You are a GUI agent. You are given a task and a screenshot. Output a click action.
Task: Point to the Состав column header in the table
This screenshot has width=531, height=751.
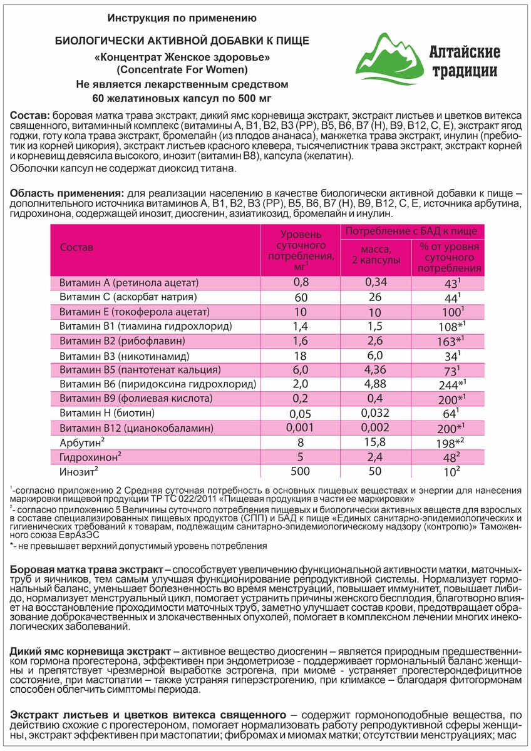coord(76,247)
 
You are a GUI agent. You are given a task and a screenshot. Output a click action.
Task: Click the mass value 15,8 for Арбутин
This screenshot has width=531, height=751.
coord(376,443)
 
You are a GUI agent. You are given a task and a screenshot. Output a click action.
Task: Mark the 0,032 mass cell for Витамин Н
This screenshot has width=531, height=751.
coord(376,413)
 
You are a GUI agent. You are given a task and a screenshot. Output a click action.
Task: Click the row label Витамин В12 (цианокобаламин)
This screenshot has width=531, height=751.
coord(137,428)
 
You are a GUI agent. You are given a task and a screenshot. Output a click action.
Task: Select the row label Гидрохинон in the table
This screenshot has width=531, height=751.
coord(87,457)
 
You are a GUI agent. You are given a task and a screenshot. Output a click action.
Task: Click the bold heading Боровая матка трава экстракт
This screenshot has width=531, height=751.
coord(86,570)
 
